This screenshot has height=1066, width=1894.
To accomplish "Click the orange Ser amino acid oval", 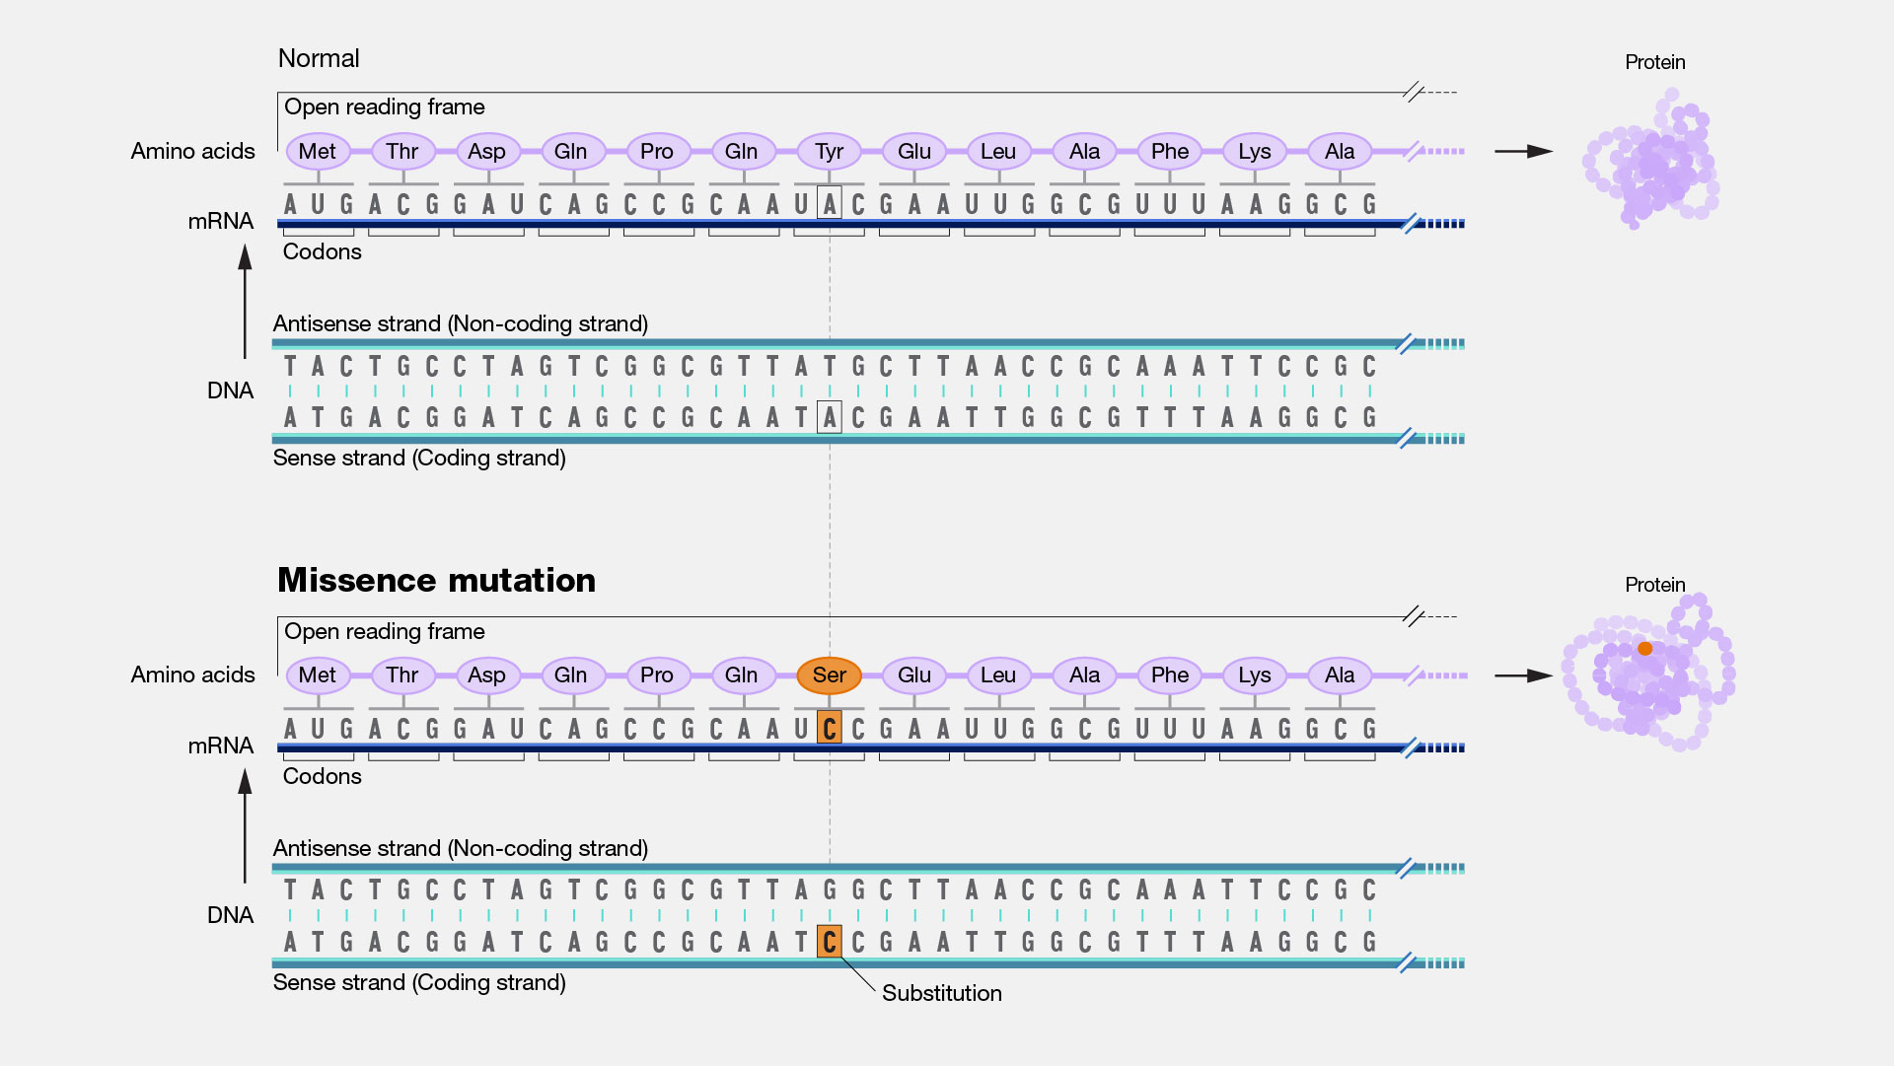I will coord(829,675).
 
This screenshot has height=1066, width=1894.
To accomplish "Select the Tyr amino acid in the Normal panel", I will coord(829,152).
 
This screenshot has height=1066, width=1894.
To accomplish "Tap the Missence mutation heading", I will coord(436,580).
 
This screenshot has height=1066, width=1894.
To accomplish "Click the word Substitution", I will coord(941,993).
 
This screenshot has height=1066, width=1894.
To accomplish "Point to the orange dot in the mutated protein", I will coord(1644,649).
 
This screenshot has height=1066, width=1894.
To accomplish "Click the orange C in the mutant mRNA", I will coord(830,729).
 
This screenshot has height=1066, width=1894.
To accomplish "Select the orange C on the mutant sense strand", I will coord(830,942).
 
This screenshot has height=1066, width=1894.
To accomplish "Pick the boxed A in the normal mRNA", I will coord(830,204).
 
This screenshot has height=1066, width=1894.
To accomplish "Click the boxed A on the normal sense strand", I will coord(830,417).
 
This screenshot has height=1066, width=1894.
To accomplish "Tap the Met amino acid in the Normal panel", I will coord(318,152).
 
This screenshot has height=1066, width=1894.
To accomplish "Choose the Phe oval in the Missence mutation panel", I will coord(1170,675).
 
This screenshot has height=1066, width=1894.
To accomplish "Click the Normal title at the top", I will coord(319,58).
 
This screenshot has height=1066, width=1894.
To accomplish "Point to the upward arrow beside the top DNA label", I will coord(245,301).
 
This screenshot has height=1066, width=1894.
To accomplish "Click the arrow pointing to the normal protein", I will coord(1523,152).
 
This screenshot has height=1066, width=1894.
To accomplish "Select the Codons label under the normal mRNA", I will coord(322,251).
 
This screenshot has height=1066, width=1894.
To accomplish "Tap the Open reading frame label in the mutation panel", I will coord(385,631).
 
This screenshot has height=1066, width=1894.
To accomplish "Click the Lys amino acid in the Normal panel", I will coord(1255,152).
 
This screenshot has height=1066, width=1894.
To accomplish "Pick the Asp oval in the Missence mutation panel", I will coord(487,675).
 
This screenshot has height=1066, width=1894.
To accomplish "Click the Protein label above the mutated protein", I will coord(1654,585).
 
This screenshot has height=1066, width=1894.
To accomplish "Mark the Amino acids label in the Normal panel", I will coord(192,151).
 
